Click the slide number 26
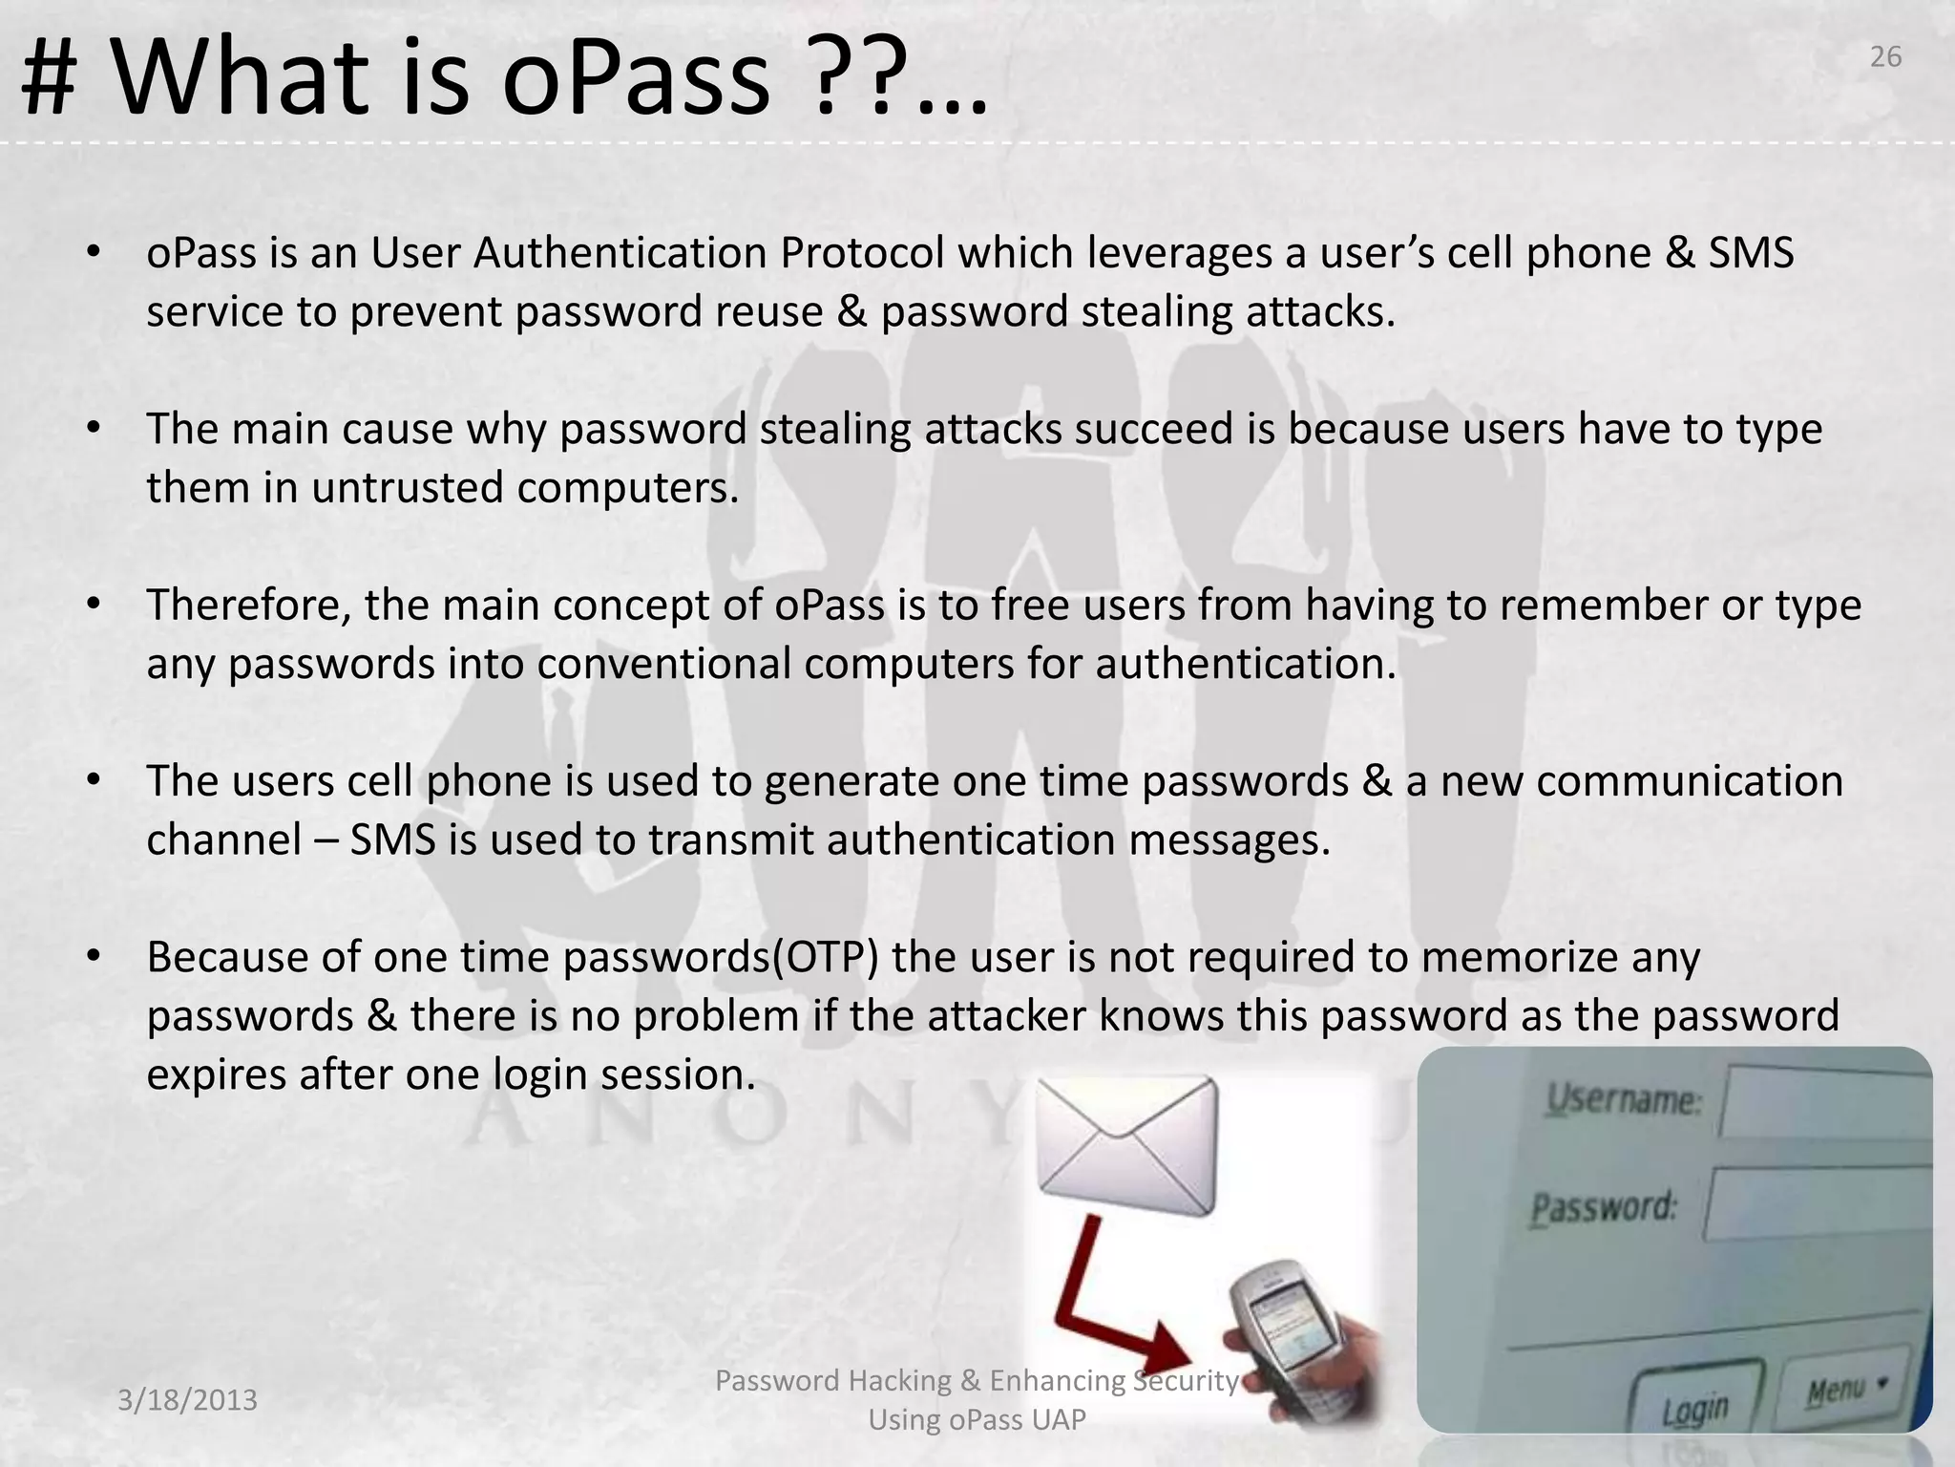coord(1885,57)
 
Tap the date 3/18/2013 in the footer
coord(187,1400)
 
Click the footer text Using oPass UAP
coord(977,1420)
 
